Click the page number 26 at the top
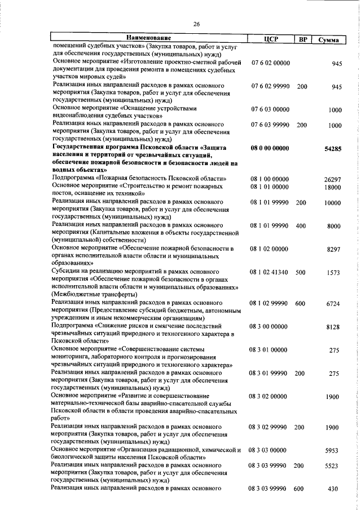197,24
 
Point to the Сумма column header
328,40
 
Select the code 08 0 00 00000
271,149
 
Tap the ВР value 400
301,226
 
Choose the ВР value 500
301,272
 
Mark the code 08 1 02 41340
270,272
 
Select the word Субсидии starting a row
67,272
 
